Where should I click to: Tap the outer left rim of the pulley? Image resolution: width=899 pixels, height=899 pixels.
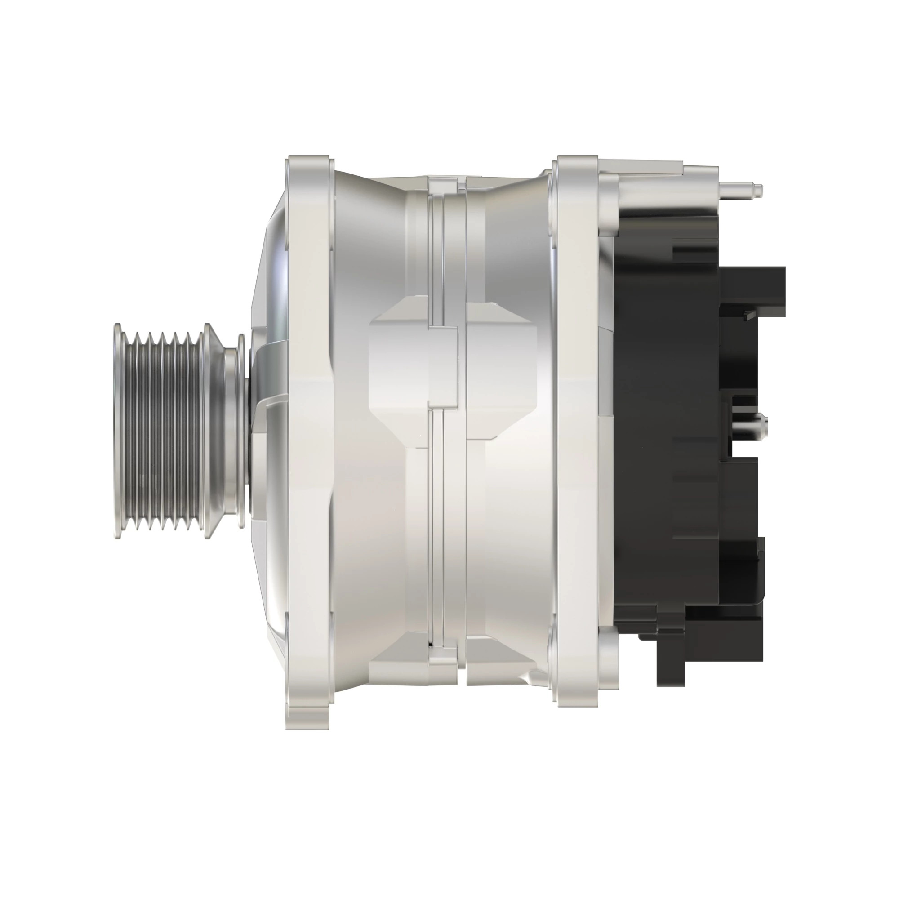[118, 431]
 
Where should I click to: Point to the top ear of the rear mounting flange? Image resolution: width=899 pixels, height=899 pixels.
[577, 172]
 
